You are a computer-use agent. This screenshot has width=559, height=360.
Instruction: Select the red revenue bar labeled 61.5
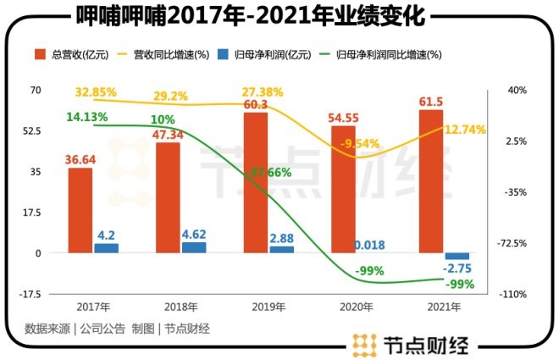pos(431,181)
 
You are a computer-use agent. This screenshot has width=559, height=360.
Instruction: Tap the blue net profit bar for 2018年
pos(194,247)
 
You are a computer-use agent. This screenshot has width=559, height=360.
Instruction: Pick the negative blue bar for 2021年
pos(457,256)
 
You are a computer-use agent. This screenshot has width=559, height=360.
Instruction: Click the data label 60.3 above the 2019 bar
pos(256,104)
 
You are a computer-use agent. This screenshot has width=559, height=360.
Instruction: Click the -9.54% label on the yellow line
pos(359,145)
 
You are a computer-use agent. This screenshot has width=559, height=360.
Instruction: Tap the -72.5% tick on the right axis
pos(516,243)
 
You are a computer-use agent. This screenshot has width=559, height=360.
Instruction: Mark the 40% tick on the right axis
pos(517,90)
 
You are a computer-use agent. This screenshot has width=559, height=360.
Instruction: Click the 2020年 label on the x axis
pos(355,308)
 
